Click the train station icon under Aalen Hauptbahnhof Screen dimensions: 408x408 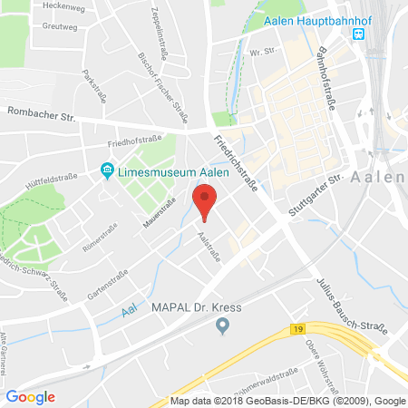point(359,34)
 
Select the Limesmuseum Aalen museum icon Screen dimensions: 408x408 point(107,170)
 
